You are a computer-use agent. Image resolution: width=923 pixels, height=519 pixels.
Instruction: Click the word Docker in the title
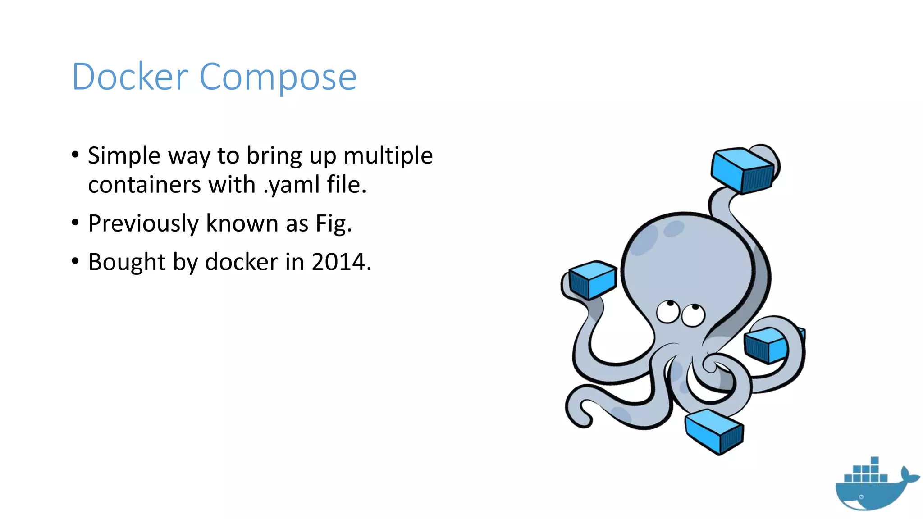pos(130,77)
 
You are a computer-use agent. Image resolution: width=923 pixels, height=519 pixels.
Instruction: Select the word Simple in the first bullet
pos(124,156)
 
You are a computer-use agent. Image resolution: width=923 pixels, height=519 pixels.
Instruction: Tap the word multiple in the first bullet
pos(388,156)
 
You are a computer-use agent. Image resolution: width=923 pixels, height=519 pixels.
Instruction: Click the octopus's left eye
pos(667,311)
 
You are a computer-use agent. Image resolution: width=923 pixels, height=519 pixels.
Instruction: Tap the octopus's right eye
pos(693,315)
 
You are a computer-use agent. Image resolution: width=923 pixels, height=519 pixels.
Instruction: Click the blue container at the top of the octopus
pos(742,170)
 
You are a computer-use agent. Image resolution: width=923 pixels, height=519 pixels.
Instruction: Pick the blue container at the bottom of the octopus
pos(714,431)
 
